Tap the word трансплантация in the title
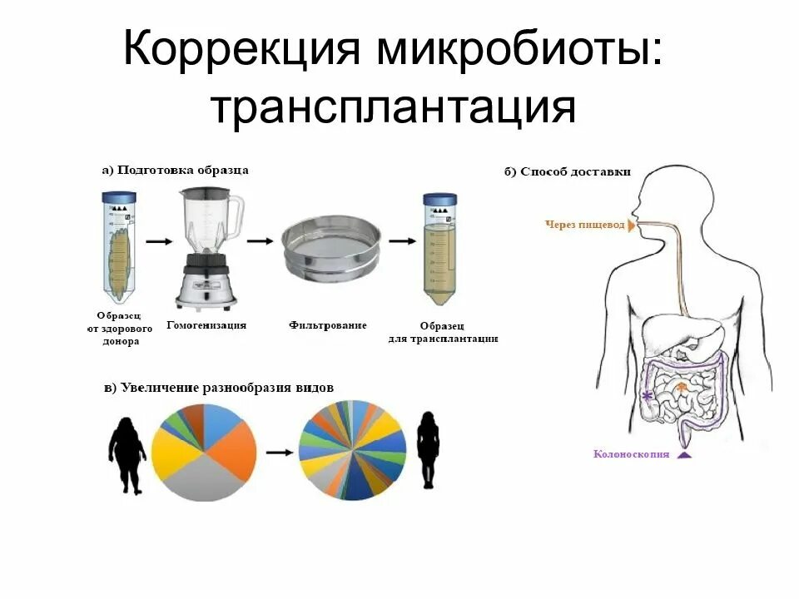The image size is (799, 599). click(392, 106)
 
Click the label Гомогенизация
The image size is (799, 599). click(206, 325)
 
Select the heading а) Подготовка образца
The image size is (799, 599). click(176, 170)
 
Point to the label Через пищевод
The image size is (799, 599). click(584, 225)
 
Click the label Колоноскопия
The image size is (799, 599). click(632, 454)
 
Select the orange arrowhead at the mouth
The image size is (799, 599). click(632, 225)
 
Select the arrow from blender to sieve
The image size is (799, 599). click(260, 241)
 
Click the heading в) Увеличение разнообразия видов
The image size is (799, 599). click(219, 389)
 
